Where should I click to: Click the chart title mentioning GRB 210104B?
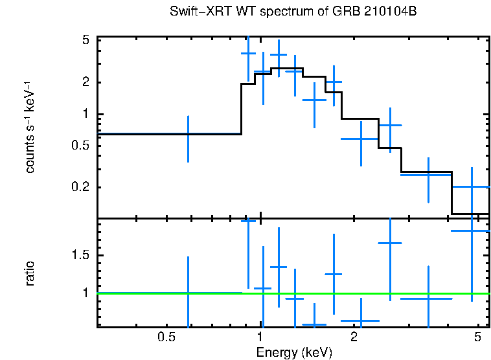click(x=293, y=12)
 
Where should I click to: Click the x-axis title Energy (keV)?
click(x=294, y=352)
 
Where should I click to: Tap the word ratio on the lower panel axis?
click(x=30, y=273)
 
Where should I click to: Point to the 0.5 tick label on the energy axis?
click(x=167, y=338)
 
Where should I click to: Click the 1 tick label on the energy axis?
click(x=260, y=338)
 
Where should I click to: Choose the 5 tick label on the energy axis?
click(x=477, y=338)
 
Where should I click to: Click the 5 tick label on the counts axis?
click(x=85, y=40)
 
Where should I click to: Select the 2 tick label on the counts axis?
click(x=85, y=82)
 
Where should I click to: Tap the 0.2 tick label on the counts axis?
click(x=80, y=187)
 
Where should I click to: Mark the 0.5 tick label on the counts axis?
click(x=80, y=146)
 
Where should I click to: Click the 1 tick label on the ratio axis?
click(x=85, y=293)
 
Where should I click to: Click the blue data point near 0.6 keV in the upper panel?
click(x=188, y=134)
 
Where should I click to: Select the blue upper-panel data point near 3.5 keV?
click(x=428, y=175)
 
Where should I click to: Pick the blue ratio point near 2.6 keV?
click(x=390, y=243)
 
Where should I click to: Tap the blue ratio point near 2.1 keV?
click(x=360, y=320)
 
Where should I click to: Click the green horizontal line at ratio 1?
click(x=162, y=293)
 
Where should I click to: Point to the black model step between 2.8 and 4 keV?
click(x=426, y=172)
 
